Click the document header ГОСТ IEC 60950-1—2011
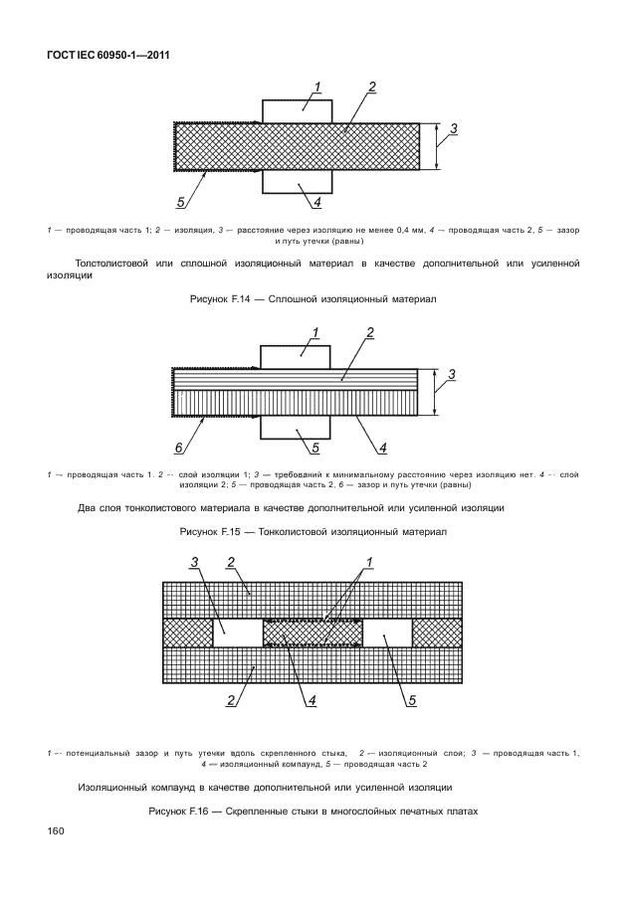[x=104, y=55]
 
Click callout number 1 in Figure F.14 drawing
[x=316, y=88]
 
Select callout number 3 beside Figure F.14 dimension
[x=454, y=128]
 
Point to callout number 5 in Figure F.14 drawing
[x=181, y=202]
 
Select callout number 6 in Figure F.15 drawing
[x=179, y=448]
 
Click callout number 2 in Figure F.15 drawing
[x=369, y=333]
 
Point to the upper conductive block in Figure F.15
[x=296, y=355]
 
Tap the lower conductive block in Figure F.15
[x=296, y=426]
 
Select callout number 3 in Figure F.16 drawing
[x=196, y=563]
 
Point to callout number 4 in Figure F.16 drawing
[x=312, y=701]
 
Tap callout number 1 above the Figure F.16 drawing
[x=369, y=563]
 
